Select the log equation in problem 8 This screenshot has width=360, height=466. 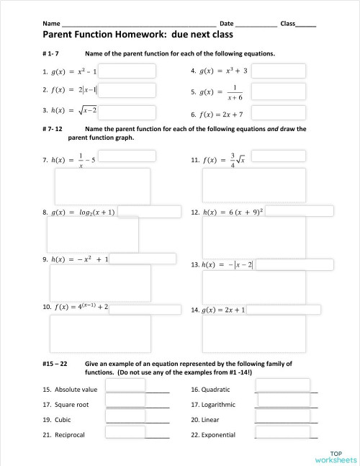click(84, 213)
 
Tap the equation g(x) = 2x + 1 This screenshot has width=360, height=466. click(224, 310)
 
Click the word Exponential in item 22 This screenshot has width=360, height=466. click(218, 435)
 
